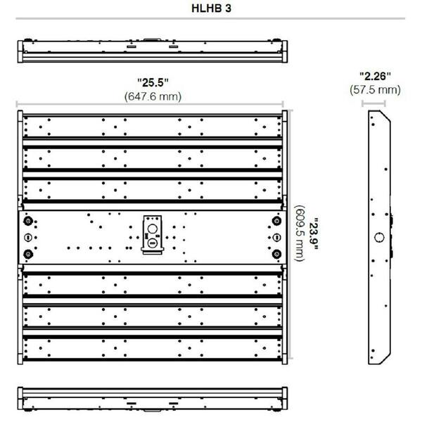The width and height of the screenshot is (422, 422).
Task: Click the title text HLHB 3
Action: pyautogui.click(x=211, y=8)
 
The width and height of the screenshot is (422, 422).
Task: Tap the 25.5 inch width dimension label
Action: pyautogui.click(x=153, y=82)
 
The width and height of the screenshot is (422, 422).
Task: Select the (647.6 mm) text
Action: pyautogui.click(x=153, y=96)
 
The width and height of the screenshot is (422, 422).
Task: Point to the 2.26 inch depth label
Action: pyautogui.click(x=375, y=76)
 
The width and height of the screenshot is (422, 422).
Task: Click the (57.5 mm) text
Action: pyautogui.click(x=375, y=89)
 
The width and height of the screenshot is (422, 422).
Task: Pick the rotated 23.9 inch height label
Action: pyautogui.click(x=313, y=234)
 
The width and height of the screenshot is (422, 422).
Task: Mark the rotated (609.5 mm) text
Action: pyautogui.click(x=300, y=233)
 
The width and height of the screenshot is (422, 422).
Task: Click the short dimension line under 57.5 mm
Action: pyautogui.click(x=373, y=103)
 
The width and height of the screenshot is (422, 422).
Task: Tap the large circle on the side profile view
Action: pyautogui.click(x=379, y=238)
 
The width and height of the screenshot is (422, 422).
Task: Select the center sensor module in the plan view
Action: pyautogui.click(x=153, y=235)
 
